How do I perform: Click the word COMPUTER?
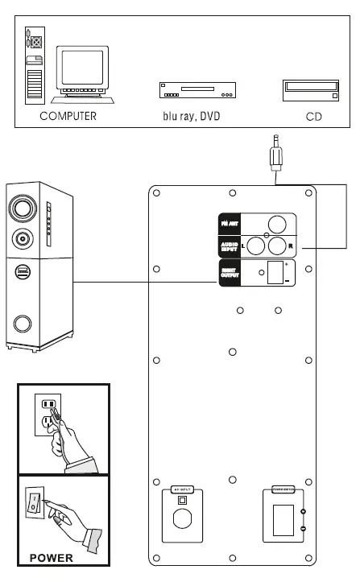[68, 116]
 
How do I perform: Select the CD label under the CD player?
[313, 116]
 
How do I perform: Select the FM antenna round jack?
[278, 225]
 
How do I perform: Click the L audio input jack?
[257, 246]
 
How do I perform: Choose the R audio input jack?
[279, 246]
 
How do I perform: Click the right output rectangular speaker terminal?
[276, 272]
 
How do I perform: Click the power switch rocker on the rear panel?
[282, 520]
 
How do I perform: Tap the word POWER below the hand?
[52, 556]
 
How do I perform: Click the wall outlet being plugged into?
[47, 414]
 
